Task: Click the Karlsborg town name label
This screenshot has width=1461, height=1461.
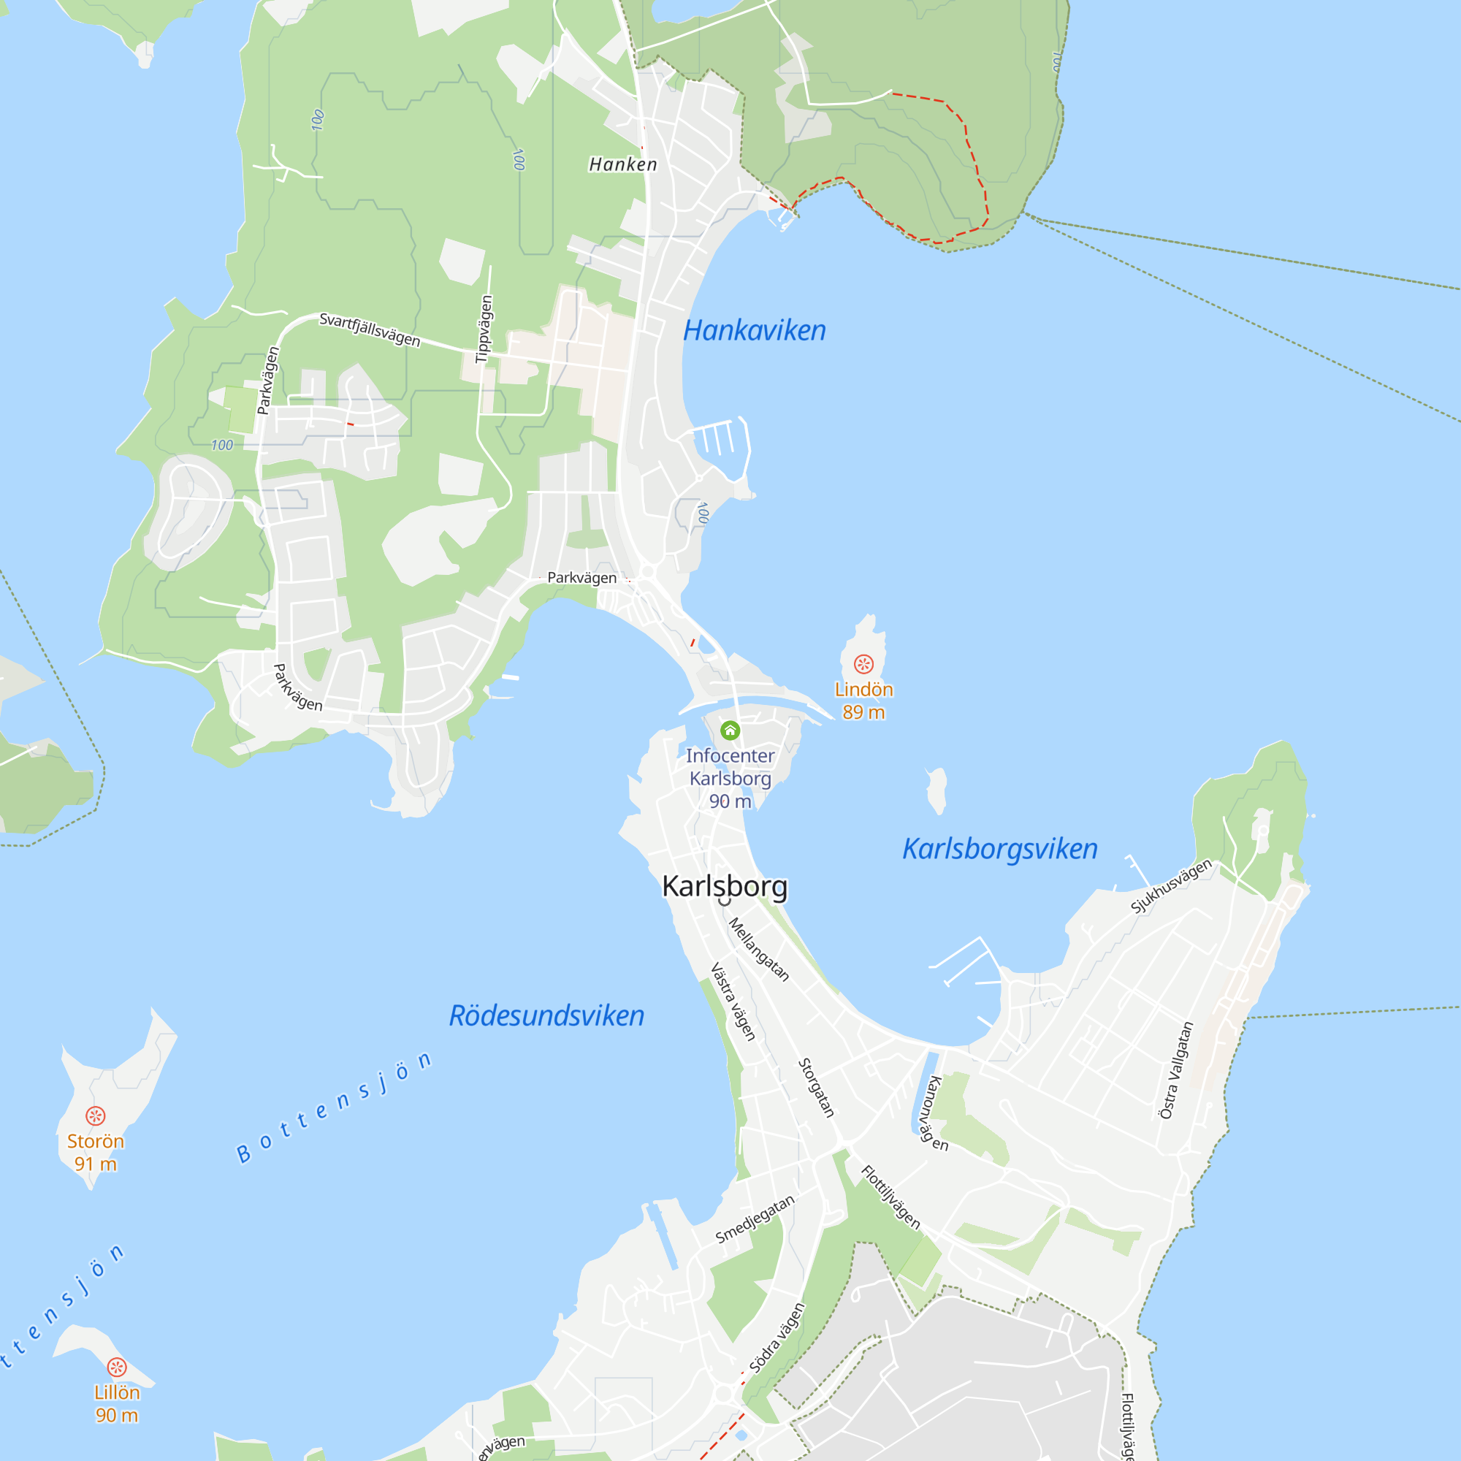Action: [725, 886]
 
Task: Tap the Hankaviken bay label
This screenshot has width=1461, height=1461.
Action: [754, 330]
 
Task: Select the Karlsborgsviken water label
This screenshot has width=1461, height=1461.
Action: [1000, 848]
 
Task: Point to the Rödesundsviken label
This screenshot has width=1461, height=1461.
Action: [546, 1015]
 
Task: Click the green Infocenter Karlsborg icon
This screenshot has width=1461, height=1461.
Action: [730, 730]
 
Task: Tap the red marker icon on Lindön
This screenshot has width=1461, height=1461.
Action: [863, 664]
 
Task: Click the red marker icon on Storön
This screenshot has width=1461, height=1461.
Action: [95, 1115]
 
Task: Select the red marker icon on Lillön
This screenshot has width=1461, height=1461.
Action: [116, 1367]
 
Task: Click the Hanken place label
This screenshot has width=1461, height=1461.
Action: [623, 164]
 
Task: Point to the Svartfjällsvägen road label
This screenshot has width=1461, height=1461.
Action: [369, 329]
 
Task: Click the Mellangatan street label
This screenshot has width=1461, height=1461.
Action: [758, 949]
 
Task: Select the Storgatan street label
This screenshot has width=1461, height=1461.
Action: [817, 1088]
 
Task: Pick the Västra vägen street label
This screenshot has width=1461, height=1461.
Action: [733, 1002]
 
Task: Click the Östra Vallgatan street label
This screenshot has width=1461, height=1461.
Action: [1176, 1070]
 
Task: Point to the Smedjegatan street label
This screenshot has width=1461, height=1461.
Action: [755, 1219]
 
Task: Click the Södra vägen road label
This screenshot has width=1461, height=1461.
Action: [777, 1338]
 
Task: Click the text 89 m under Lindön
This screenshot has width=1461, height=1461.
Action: [863, 712]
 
